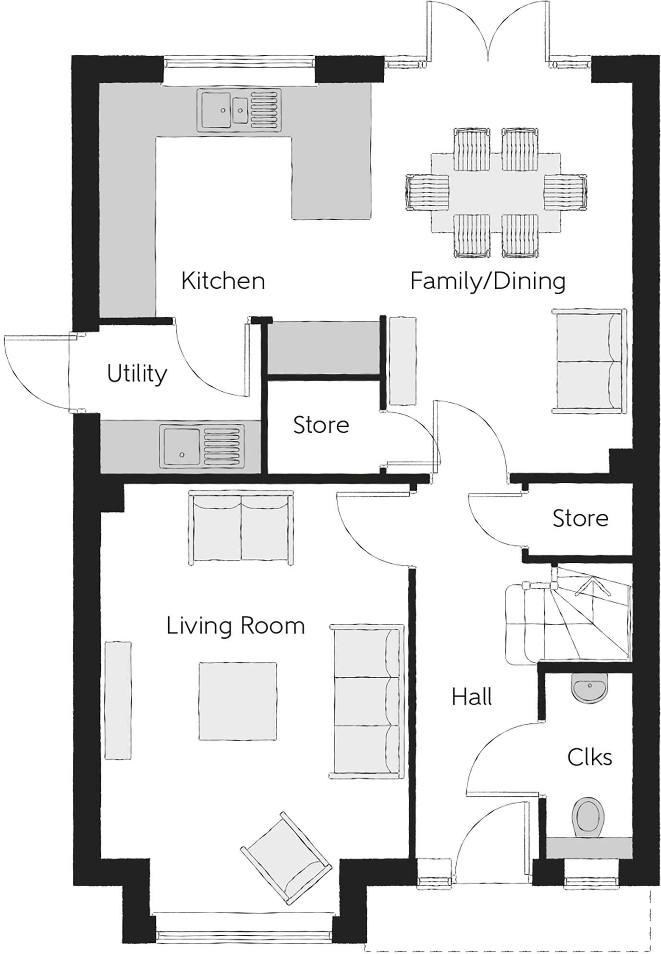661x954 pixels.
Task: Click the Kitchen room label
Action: point(223,281)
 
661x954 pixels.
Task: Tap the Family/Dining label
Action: point(488,281)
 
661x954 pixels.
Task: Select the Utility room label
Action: point(137,374)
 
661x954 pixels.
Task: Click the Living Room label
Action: point(235,626)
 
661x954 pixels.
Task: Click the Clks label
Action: point(589,758)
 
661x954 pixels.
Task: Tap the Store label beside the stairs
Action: point(580,518)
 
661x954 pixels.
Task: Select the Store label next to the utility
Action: point(321,425)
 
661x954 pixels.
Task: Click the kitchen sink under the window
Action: point(239,110)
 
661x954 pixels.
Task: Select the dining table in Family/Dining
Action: point(496,192)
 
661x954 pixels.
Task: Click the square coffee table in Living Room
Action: point(238,701)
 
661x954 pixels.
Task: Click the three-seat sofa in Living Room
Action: point(366,701)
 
